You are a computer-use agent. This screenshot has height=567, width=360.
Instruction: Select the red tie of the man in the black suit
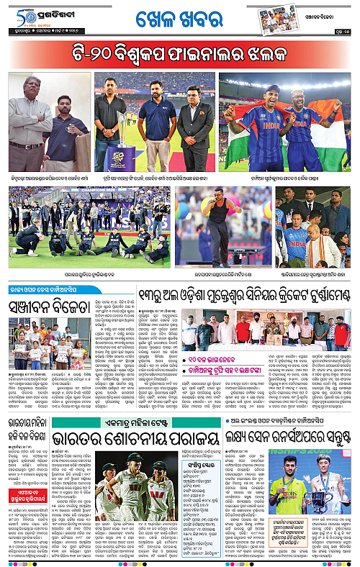click(194, 114)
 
